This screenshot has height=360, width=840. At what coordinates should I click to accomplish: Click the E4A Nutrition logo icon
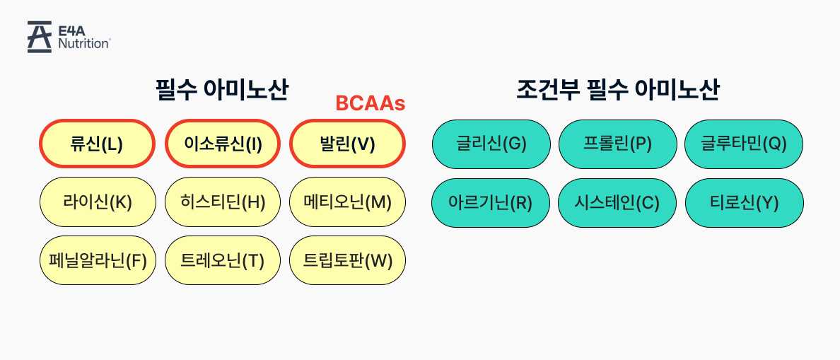pos(40,37)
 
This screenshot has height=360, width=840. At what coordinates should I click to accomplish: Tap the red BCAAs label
pos(370,103)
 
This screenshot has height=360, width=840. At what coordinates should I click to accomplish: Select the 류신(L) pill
pos(97,144)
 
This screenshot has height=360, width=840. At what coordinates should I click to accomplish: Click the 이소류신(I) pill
pos(223,144)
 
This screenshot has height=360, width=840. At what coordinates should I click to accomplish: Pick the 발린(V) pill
pos(347,144)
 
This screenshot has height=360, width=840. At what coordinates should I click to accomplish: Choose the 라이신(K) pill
pos(98,202)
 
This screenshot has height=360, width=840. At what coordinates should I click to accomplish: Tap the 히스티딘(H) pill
pos(223,202)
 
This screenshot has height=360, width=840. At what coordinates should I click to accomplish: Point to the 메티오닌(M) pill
pos(347,202)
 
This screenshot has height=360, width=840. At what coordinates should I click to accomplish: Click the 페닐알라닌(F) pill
pos(98,260)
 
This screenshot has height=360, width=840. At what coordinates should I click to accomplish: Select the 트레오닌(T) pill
pos(223,260)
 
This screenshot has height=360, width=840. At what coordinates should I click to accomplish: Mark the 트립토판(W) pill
pos(347,260)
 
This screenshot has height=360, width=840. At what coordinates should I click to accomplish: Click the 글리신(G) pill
pos(490,144)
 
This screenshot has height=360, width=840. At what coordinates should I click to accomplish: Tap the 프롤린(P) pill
pos(617,144)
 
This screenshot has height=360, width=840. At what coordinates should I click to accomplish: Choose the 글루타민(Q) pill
pos(744,144)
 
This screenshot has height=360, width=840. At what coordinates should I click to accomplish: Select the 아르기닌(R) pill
pos(490,203)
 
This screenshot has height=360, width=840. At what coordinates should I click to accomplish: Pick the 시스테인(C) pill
pos(617,203)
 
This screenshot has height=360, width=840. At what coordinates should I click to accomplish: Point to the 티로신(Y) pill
pos(744,203)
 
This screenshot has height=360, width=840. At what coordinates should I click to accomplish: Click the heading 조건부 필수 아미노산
pos(618,90)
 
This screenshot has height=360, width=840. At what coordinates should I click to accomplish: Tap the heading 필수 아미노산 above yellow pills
pos(222,90)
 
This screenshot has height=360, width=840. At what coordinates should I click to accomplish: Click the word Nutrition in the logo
pos(83,44)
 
